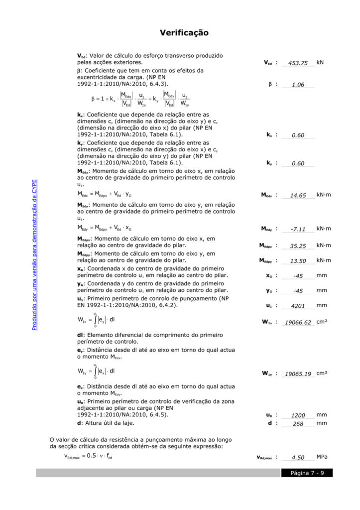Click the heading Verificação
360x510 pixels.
pos(184,33)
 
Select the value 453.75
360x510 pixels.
pos(298,63)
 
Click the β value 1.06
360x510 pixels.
pos(298,85)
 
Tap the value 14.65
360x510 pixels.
pos(298,195)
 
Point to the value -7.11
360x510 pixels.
pos(298,229)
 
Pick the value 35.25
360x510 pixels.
pos(298,246)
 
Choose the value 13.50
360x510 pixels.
pos(298,261)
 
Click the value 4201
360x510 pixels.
pos(298,306)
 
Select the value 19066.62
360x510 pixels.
pos(298,323)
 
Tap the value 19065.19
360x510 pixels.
pos(298,374)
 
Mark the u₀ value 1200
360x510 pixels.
pos(298,415)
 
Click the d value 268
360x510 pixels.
pos(298,424)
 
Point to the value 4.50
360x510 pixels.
pos(298,458)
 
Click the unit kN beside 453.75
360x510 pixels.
pos(320,63)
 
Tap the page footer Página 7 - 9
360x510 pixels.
pos(307,473)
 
